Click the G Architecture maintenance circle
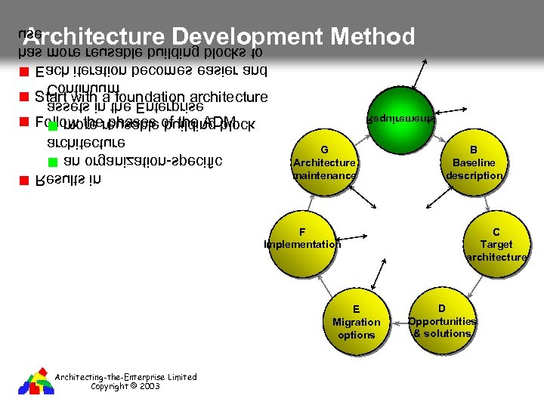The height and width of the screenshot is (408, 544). point(324,162)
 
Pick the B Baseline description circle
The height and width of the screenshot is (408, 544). point(474,162)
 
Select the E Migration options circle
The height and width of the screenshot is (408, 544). point(357,321)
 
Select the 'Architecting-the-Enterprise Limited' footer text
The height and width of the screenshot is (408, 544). point(126,377)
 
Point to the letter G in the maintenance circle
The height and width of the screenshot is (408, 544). point(324,150)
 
